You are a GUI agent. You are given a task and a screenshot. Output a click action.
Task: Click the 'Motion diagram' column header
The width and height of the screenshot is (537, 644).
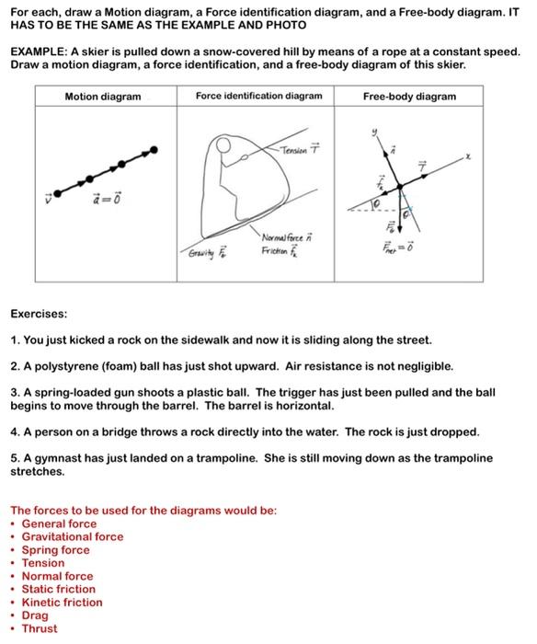coord(103,97)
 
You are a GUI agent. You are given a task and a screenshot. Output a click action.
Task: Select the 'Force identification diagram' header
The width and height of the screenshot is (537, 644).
coord(258,96)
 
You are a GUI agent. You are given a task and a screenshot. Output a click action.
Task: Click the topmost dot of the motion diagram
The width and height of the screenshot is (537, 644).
coord(154,149)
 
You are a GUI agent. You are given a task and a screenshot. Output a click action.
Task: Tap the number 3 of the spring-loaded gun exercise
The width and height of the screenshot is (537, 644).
coord(15,392)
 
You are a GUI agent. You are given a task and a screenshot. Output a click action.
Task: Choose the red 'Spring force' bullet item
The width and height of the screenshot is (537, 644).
coord(55,550)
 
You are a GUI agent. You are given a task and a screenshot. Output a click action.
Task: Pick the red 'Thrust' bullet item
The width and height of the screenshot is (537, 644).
coord(39,629)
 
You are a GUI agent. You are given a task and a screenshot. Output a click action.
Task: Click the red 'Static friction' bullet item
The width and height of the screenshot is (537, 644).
coord(58,590)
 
